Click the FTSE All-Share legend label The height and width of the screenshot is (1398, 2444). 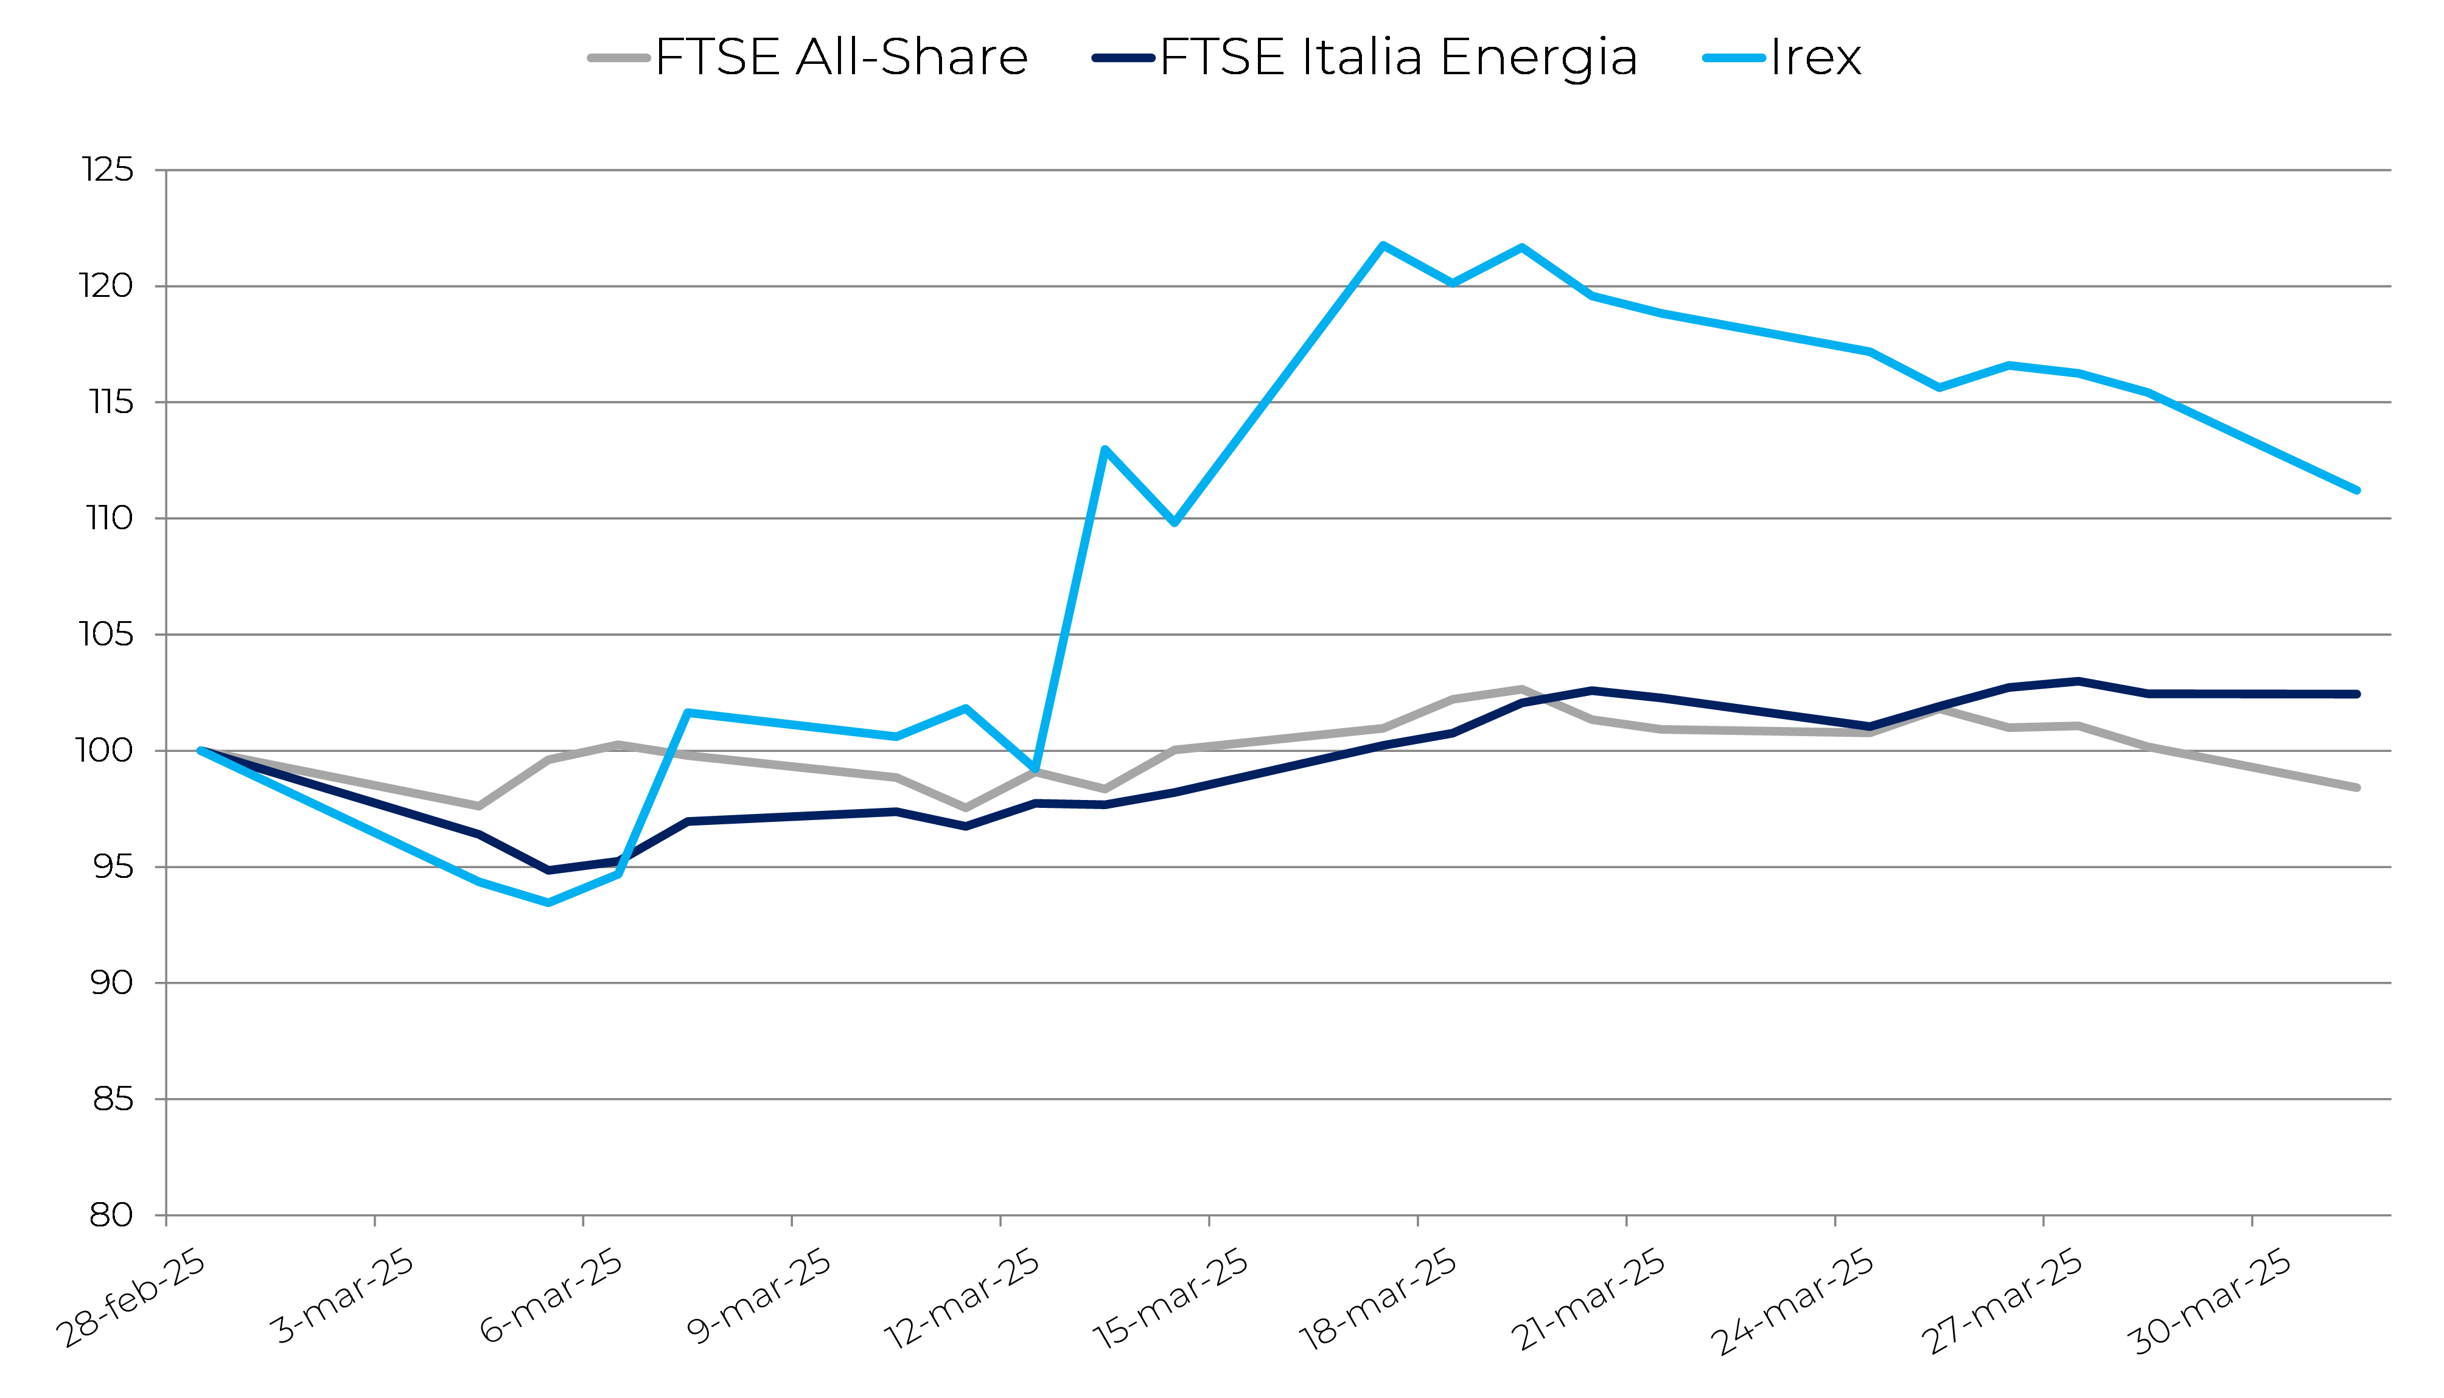click(x=841, y=58)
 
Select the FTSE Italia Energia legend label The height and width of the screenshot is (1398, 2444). click(x=1398, y=58)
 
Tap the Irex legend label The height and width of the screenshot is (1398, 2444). click(x=1815, y=58)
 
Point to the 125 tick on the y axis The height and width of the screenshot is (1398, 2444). click(x=108, y=170)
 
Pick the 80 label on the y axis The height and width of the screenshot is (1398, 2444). click(x=110, y=1215)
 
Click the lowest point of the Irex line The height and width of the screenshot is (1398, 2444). click(x=548, y=903)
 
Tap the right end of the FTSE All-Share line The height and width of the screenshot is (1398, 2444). click(x=2356, y=787)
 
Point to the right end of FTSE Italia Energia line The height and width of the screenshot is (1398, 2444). click(x=2356, y=694)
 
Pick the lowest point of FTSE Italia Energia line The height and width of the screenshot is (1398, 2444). click(x=548, y=870)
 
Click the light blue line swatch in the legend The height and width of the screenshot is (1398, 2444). click(x=1733, y=58)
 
